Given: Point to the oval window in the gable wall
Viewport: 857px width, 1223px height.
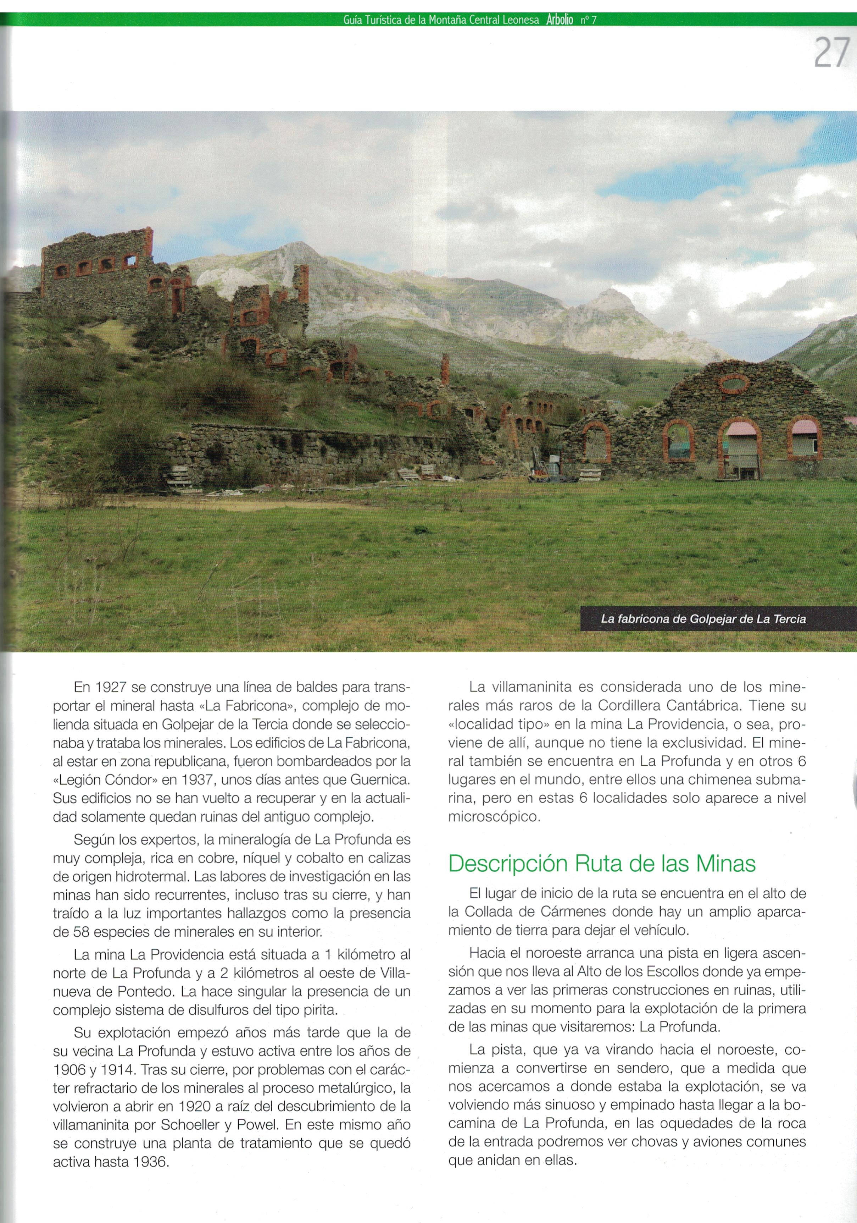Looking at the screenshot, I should click(734, 384).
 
